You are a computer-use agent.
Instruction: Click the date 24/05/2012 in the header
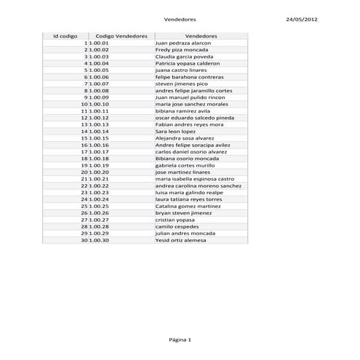point(302,20)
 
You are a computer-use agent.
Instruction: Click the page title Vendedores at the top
point(180,20)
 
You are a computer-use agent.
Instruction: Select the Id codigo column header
point(65,36)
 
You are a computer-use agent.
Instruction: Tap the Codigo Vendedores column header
point(121,36)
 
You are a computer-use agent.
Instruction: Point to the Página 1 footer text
point(180,340)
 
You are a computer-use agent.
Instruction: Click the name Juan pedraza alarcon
point(179,43)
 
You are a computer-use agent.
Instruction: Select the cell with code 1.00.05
point(99,70)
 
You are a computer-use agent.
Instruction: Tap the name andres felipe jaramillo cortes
point(193,90)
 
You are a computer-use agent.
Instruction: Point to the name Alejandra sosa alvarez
point(184,138)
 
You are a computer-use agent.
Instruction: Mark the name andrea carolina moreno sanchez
point(199,185)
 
